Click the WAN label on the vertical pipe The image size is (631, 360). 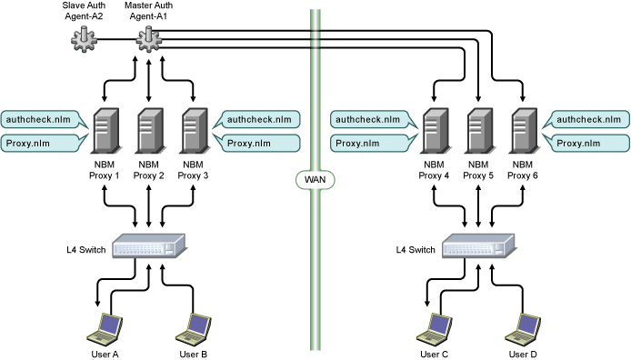pyautogui.click(x=315, y=180)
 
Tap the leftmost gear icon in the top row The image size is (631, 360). pyautogui.click(x=84, y=39)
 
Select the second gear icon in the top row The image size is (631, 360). pyautogui.click(x=148, y=39)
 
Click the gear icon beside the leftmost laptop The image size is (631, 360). pyautogui.click(x=84, y=339)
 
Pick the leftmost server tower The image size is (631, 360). pyautogui.click(x=106, y=130)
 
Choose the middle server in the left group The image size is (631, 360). pyautogui.click(x=150, y=130)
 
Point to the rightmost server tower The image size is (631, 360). pyautogui.click(x=524, y=130)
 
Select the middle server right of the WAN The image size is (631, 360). pyautogui.click(x=480, y=130)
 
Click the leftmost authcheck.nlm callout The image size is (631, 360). pyautogui.click(x=41, y=119)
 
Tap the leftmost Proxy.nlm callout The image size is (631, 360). pyautogui.click(x=41, y=143)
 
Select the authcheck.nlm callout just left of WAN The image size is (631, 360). pyautogui.click(x=260, y=119)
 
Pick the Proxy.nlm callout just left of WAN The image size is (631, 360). pyautogui.click(x=260, y=143)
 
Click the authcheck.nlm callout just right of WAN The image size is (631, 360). pyautogui.click(x=370, y=119)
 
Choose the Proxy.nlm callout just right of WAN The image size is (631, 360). pyautogui.click(x=370, y=143)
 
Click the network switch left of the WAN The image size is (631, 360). pyautogui.click(x=148, y=246)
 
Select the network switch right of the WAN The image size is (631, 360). pyautogui.click(x=478, y=246)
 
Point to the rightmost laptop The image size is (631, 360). pyautogui.click(x=523, y=328)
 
